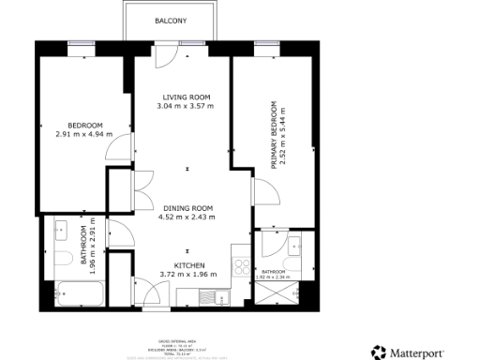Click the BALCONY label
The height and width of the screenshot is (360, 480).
tap(171, 19)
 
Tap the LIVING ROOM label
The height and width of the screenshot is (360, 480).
tap(186, 97)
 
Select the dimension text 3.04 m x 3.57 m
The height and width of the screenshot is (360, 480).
tap(186, 106)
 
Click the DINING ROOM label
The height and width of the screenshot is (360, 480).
tap(187, 208)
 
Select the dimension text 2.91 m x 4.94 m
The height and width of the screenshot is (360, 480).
tap(83, 134)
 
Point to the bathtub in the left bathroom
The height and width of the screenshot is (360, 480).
tap(74, 293)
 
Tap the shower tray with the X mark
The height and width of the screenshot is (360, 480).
tap(275, 292)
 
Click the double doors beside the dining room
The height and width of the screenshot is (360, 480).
tap(142, 192)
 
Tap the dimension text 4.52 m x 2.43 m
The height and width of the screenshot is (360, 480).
tap(187, 217)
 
